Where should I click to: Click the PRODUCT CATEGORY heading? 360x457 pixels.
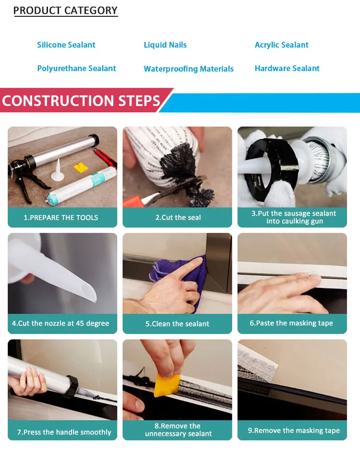click(65, 11)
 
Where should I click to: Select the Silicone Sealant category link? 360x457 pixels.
click(66, 45)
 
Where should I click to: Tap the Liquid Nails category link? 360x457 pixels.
click(165, 45)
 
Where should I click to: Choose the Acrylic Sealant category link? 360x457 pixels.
click(282, 45)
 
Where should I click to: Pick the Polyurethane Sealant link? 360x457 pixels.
click(77, 69)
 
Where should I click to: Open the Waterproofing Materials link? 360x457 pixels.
click(189, 69)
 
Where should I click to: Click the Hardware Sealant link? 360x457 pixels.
click(287, 69)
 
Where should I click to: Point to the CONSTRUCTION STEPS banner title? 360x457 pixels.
click(81, 101)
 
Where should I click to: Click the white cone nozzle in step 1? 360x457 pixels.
click(58, 170)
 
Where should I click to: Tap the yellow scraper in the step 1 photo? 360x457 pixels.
click(81, 167)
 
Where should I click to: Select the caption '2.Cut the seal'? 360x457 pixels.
click(178, 217)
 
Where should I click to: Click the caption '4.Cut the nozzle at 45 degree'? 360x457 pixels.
click(60, 323)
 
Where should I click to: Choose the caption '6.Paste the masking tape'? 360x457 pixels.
click(291, 323)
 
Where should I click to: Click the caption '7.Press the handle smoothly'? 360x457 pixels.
click(64, 432)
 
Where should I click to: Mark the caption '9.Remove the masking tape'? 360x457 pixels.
click(294, 431)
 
